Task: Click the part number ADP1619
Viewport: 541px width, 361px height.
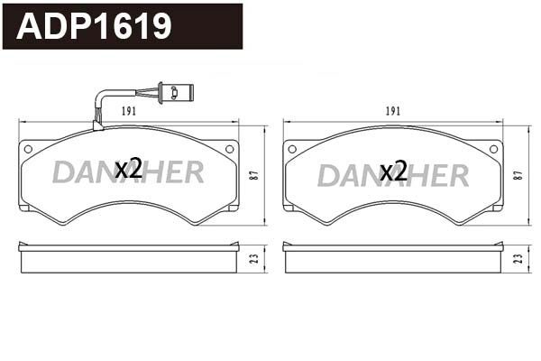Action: click(x=95, y=26)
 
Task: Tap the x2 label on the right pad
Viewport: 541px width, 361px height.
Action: click(x=393, y=171)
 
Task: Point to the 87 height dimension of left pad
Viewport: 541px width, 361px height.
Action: click(x=254, y=176)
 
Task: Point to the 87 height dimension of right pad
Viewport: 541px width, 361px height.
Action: click(x=519, y=176)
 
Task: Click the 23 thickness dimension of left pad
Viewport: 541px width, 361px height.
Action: click(x=254, y=258)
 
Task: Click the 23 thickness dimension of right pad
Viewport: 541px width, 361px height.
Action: click(x=519, y=258)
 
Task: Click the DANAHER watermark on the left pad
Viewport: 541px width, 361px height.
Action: click(x=128, y=172)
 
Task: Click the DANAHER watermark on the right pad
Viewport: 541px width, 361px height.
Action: click(x=393, y=174)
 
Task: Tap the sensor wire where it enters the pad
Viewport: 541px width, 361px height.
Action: click(x=98, y=125)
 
